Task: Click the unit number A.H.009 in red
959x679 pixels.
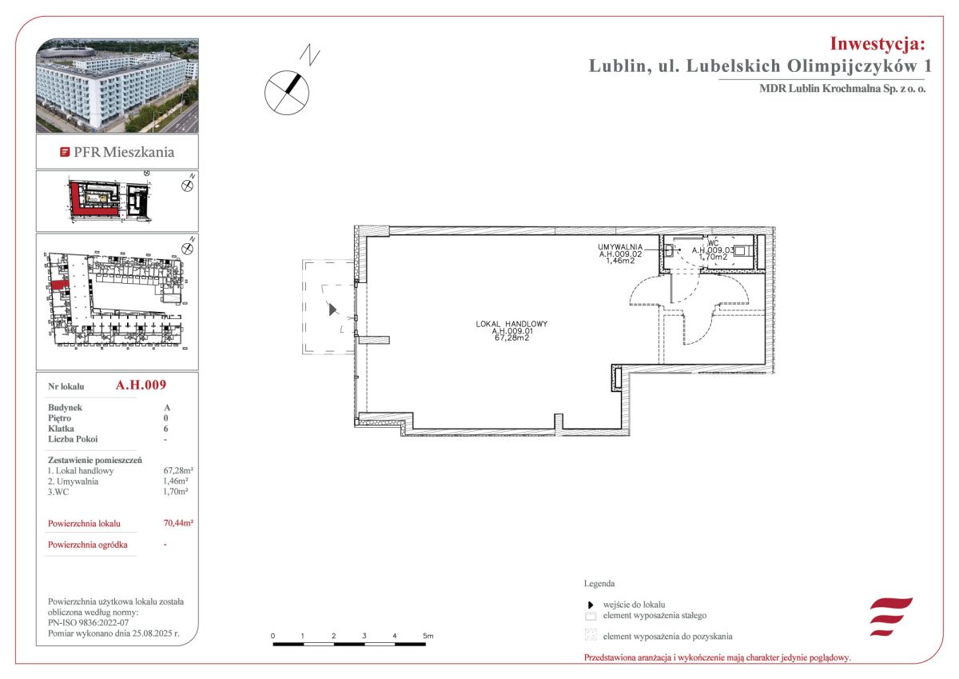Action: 141,385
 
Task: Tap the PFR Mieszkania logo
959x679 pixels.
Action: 117,152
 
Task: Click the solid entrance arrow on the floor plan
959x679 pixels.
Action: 332,310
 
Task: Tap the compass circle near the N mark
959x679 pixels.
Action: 286,93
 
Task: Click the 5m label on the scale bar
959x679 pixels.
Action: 428,636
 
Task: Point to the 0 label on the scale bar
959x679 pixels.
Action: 273,636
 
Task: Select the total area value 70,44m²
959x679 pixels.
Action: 178,522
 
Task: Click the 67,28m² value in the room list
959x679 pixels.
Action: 178,470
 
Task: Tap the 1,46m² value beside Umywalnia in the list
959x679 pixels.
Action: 176,481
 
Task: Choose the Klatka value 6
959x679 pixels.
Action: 165,429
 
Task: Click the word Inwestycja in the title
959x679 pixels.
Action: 877,44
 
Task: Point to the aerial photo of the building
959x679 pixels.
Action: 117,86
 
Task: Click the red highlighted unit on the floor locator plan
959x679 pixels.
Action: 59,285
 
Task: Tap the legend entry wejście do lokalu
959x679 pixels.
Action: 634,605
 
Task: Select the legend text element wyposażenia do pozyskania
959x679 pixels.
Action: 667,636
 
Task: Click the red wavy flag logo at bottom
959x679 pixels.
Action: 891,617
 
